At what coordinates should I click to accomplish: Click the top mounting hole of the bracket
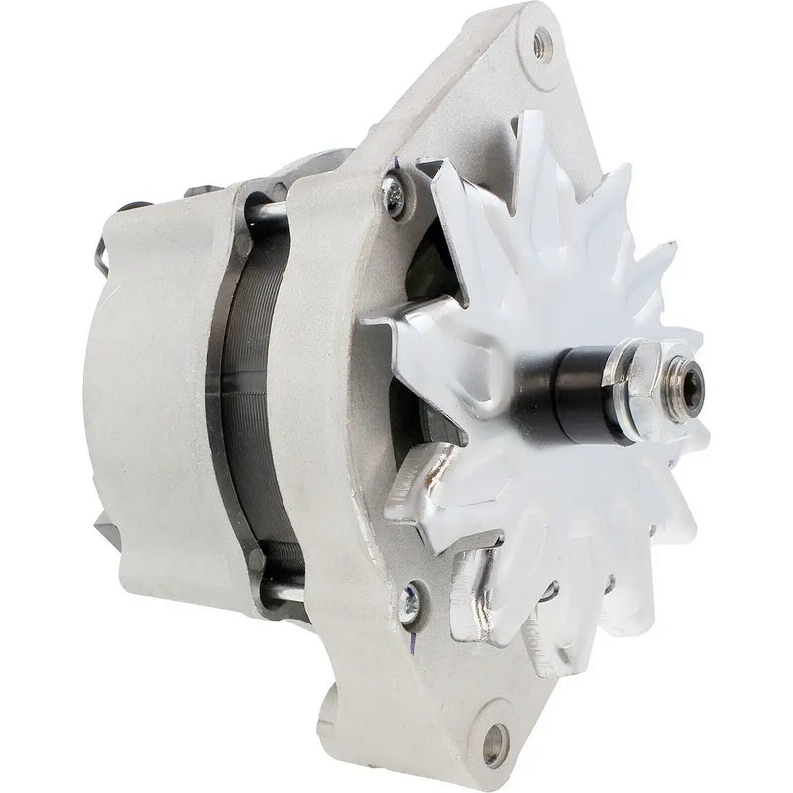click(540, 42)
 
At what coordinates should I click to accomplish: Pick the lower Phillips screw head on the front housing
click(409, 600)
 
